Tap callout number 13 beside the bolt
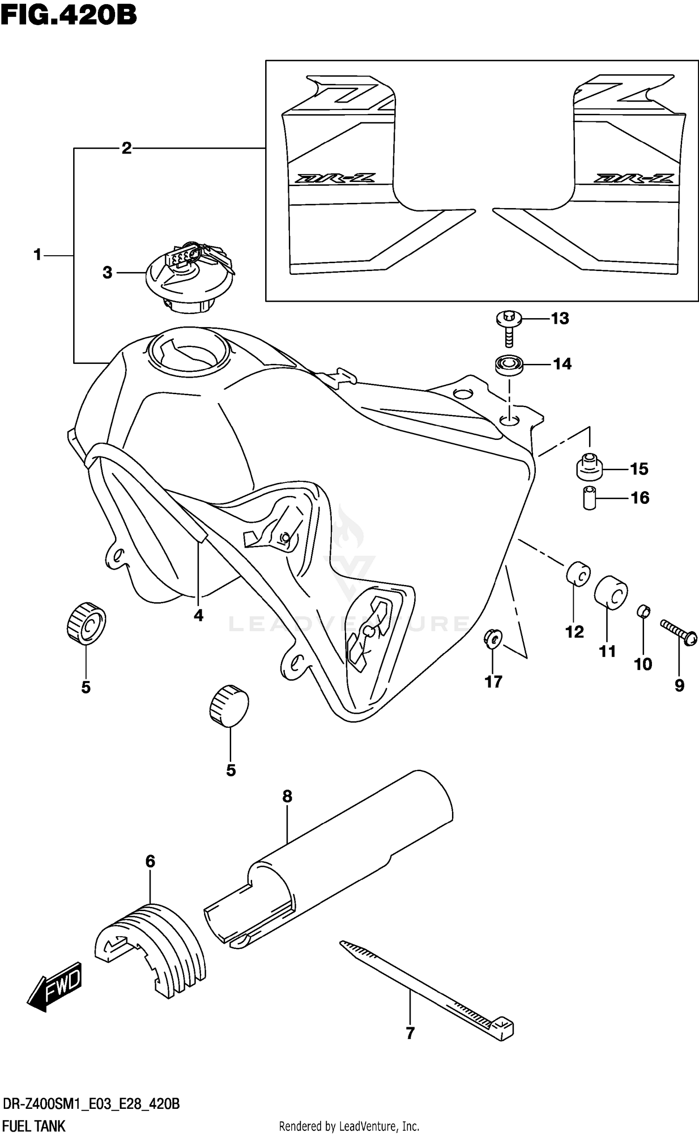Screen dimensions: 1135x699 pyautogui.click(x=560, y=319)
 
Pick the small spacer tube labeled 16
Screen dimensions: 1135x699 pyautogui.click(x=589, y=498)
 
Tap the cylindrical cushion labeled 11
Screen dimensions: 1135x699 pyautogui.click(x=611, y=592)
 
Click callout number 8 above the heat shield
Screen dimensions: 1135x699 pyautogui.click(x=287, y=796)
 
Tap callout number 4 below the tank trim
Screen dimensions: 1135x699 pyautogui.click(x=199, y=616)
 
